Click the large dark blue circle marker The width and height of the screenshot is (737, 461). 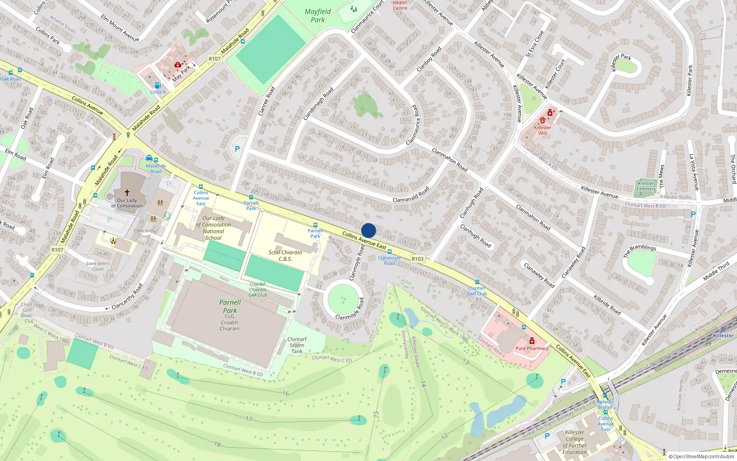click(368, 230)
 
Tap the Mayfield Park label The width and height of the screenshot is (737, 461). click(318, 16)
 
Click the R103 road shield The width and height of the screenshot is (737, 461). click(417, 259)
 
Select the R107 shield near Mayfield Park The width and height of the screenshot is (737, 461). click(215, 59)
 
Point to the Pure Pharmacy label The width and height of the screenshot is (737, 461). click(532, 349)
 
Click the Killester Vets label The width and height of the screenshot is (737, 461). click(543, 130)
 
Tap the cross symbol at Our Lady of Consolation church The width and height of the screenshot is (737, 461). click(127, 193)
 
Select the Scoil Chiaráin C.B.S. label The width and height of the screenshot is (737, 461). click(285, 256)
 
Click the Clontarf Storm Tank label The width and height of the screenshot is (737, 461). click(297, 345)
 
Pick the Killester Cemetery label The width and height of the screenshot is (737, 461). click(646, 186)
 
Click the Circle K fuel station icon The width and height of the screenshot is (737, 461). click(158, 85)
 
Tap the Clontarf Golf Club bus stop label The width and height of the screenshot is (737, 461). click(477, 291)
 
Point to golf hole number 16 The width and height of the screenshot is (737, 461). click(286, 394)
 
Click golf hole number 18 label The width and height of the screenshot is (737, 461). click(217, 444)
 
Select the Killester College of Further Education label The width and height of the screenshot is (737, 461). click(575, 442)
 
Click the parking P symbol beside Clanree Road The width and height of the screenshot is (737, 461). click(237, 149)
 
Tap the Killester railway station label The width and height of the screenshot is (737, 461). click(723, 336)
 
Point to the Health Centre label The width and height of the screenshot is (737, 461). click(400, 5)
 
